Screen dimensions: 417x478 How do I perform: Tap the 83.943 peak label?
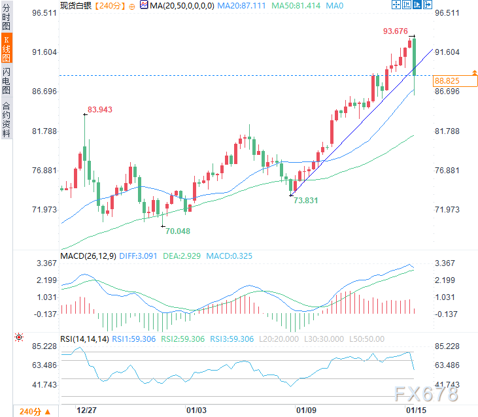click(x=100, y=110)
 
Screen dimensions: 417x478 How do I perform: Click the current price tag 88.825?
click(x=447, y=81)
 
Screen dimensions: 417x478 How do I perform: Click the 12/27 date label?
click(x=86, y=410)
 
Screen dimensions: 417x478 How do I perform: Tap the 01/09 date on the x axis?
click(x=307, y=410)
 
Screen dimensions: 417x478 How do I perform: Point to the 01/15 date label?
click(x=416, y=410)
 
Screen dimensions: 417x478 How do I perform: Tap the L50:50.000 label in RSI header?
click(x=343, y=339)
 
